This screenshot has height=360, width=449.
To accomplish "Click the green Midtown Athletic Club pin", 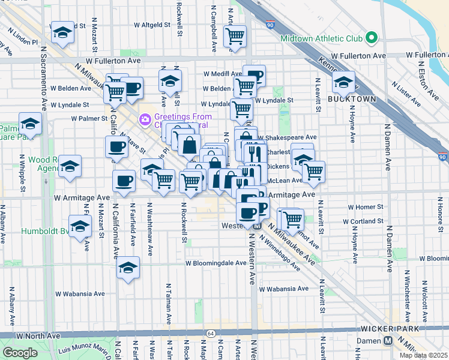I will coord(372,38).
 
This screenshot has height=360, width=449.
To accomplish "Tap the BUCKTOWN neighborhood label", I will coord(352,99).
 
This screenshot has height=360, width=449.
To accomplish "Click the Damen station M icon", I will coord(388,341).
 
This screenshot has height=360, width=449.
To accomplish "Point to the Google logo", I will coord(20,353).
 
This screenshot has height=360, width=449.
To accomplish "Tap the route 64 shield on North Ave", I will coord(211,333).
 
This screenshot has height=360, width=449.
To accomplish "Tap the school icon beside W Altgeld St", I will coord(62,33).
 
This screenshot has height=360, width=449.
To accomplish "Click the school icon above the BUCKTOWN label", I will coord(343,82).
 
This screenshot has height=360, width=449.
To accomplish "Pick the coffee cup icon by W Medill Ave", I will coord(255,76).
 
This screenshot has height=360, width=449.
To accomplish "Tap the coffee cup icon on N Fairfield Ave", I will coord(124,180).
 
